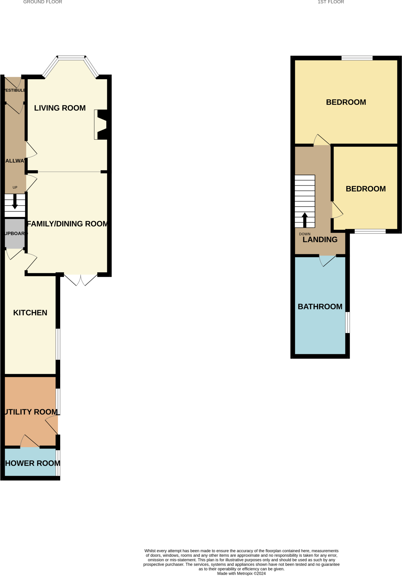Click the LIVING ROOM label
click(x=60, y=108)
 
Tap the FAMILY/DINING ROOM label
click(x=67, y=224)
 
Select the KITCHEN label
click(x=30, y=313)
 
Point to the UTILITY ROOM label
click(x=31, y=412)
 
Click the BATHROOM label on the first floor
click(x=320, y=307)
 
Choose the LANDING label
click(x=320, y=240)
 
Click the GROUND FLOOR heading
click(x=42, y=2)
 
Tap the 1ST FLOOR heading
click(x=331, y=2)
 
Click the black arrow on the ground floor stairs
click(x=15, y=202)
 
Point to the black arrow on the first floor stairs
click(x=305, y=220)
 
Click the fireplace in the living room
click(x=101, y=125)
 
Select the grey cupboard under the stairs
click(x=15, y=233)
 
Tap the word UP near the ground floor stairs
click(x=15, y=188)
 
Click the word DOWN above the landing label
click(x=305, y=234)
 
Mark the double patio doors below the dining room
click(x=81, y=280)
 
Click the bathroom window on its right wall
click(x=347, y=322)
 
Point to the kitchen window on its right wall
click(x=58, y=344)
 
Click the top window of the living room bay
click(x=71, y=58)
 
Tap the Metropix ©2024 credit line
click(x=241, y=573)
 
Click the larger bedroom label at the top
click(x=346, y=102)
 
